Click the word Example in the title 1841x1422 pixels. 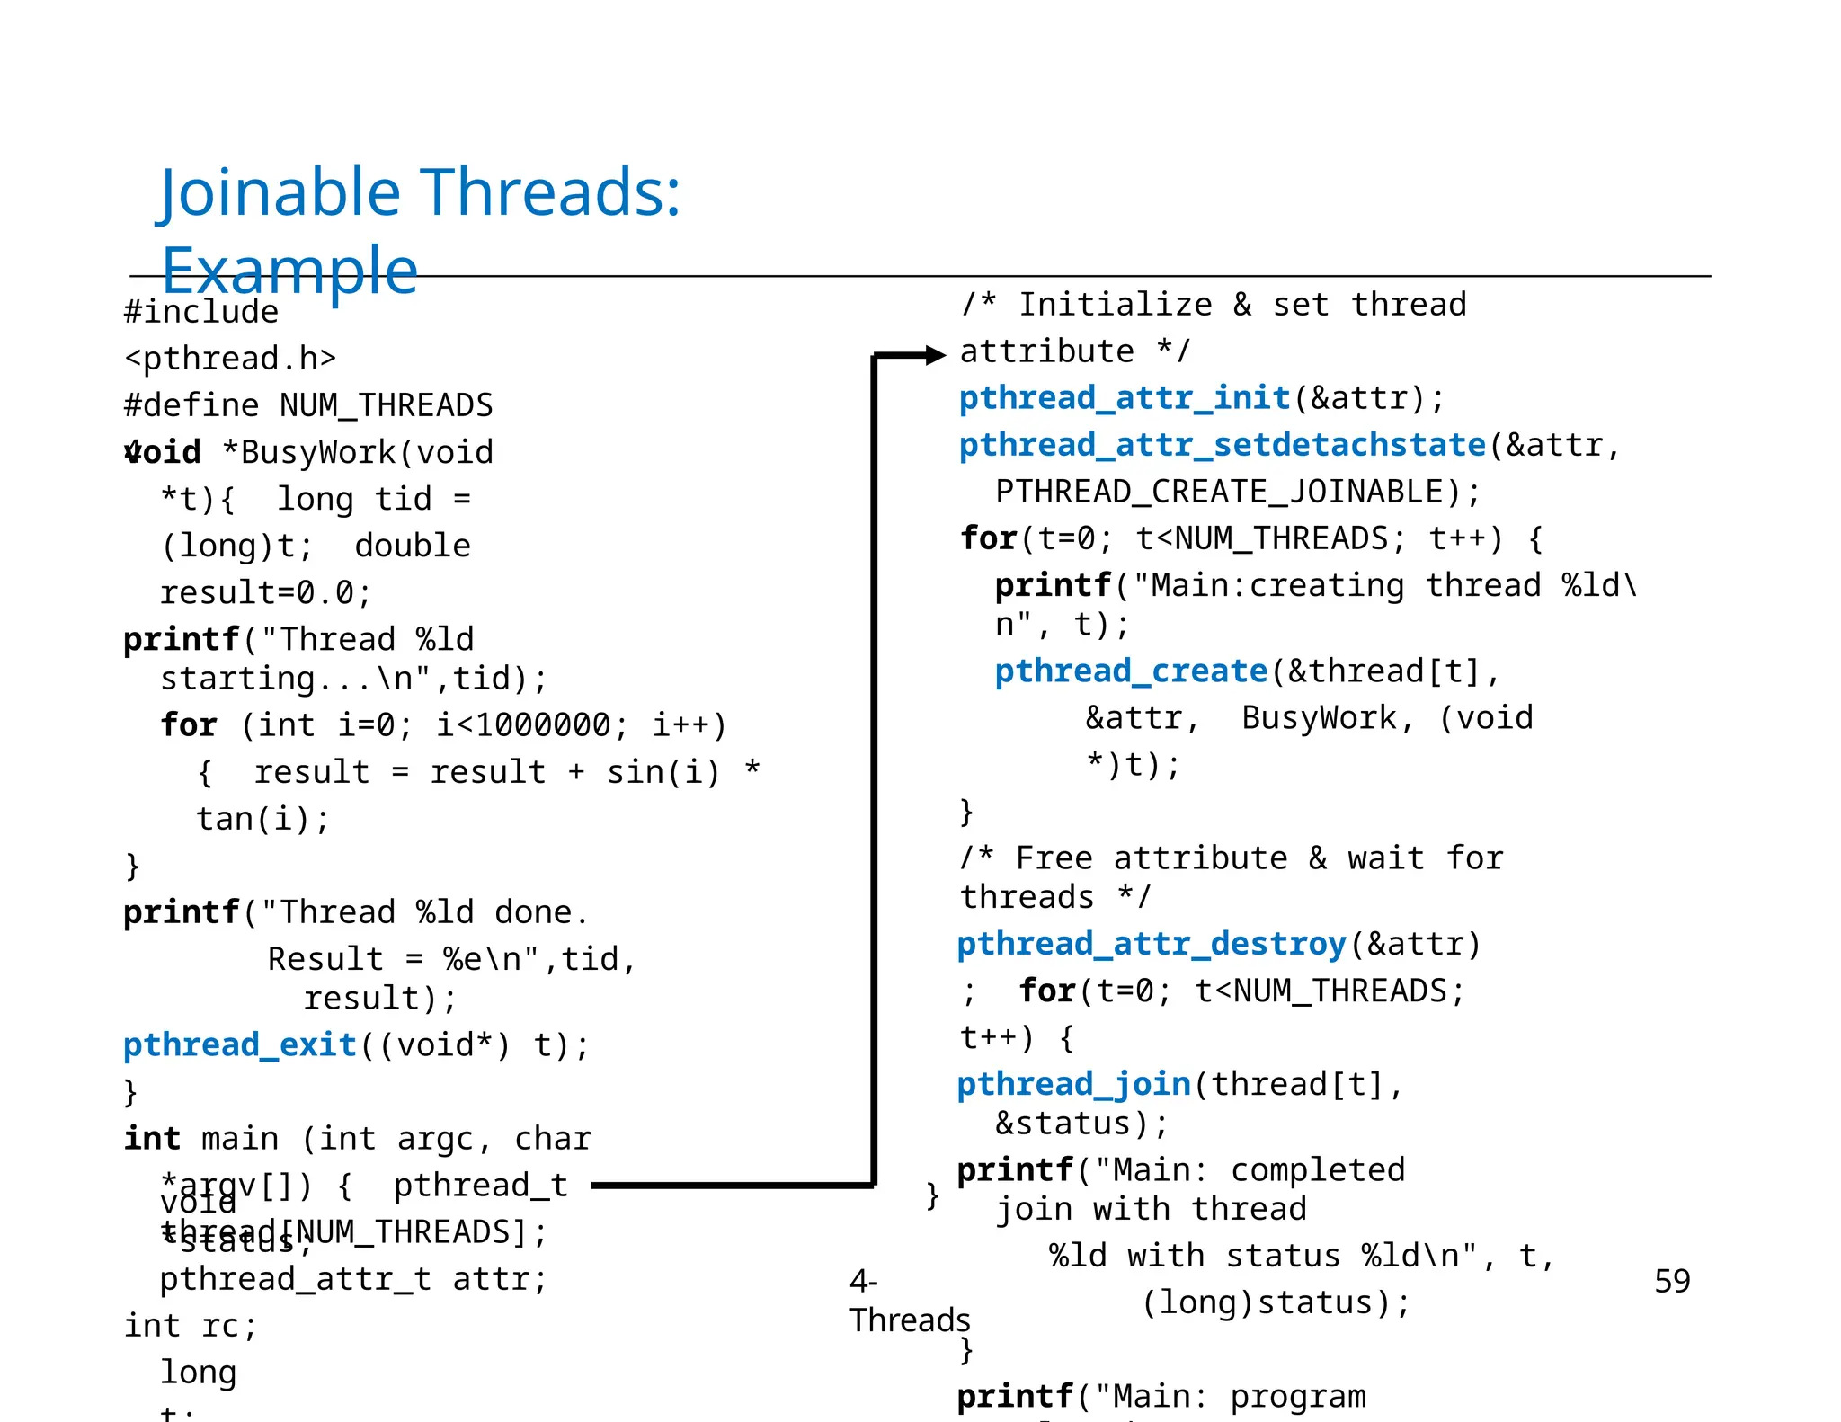(x=289, y=270)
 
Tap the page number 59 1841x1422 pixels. (x=1671, y=1281)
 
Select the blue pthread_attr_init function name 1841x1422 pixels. (x=1125, y=398)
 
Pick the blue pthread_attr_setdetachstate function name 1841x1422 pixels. (x=1222, y=445)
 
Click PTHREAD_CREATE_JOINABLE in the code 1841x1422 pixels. (x=1220, y=492)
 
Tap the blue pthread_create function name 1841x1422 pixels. (x=1130, y=671)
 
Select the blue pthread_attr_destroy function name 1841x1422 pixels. (x=1151, y=944)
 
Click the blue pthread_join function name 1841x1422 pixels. (x=1073, y=1084)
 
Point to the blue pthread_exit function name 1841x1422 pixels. (x=240, y=1044)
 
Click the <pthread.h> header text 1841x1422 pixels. (x=230, y=359)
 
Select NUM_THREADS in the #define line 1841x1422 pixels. (x=387, y=405)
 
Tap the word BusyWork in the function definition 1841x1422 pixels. (x=318, y=452)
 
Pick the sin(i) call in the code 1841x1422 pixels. (x=663, y=772)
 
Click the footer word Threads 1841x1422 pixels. (x=910, y=1320)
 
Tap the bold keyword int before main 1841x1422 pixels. (x=153, y=1139)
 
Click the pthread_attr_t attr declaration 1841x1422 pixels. (x=352, y=1279)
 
